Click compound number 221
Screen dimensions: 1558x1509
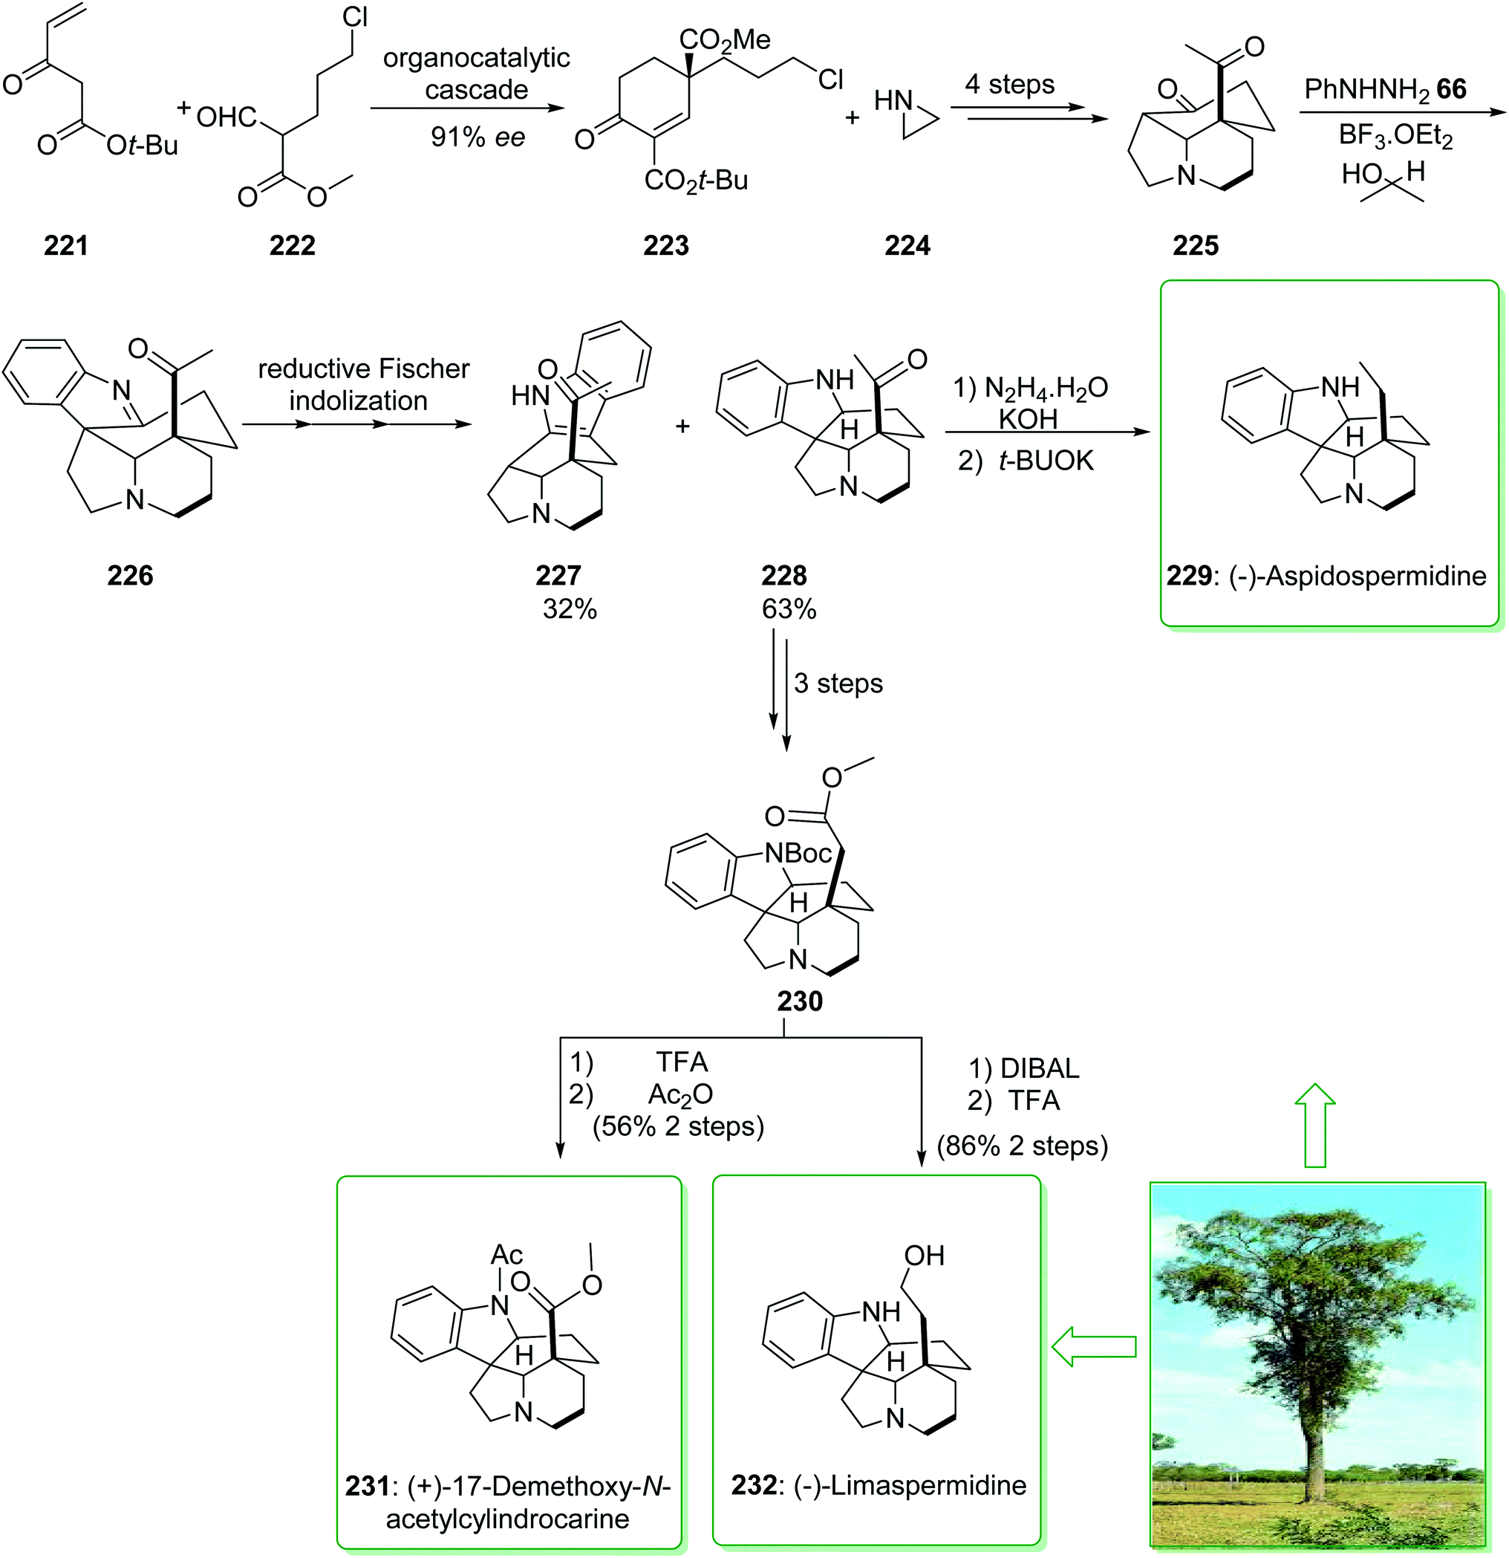pos(65,246)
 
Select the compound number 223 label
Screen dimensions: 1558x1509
pos(666,246)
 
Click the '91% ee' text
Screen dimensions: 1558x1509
pos(478,137)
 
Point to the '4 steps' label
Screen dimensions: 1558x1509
pos(1009,84)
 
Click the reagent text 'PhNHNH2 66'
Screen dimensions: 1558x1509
pos(1385,89)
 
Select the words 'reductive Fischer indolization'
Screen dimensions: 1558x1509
pos(363,384)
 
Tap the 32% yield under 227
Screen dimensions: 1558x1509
pos(569,609)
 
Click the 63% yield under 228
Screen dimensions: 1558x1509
pos(788,609)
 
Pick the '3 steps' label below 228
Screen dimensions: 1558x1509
pos(838,683)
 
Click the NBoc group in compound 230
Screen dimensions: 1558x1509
pos(798,853)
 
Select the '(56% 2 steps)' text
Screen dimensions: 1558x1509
pos(678,1126)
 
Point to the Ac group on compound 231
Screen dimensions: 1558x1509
pos(506,1254)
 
